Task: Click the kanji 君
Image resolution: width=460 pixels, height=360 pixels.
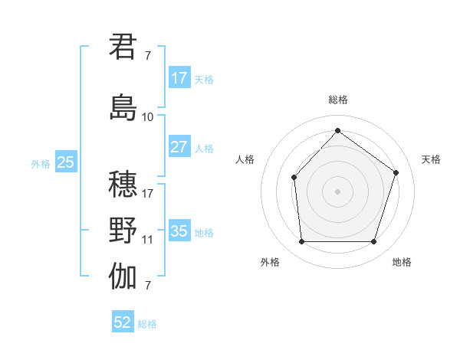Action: click(x=123, y=47)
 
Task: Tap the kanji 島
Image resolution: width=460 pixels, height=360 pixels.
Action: click(x=123, y=107)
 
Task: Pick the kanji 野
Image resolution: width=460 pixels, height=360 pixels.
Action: click(x=123, y=231)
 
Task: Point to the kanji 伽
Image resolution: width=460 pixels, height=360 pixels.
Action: click(x=123, y=277)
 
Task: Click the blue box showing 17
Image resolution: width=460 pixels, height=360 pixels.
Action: click(x=179, y=78)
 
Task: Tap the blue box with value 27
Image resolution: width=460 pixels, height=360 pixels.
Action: click(x=179, y=147)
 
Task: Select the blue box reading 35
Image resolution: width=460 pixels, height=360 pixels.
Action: click(x=179, y=231)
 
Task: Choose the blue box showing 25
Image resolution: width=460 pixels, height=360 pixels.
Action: click(x=66, y=162)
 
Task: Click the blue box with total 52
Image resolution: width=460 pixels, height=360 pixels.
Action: click(x=123, y=323)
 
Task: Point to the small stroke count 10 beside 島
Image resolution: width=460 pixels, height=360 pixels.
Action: click(x=148, y=117)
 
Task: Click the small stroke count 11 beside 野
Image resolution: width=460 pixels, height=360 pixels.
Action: click(x=148, y=240)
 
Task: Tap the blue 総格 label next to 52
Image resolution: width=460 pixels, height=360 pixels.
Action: click(x=147, y=324)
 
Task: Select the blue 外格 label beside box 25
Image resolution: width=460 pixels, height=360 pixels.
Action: click(x=41, y=163)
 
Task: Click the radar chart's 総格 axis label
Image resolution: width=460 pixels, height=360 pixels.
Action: click(x=337, y=100)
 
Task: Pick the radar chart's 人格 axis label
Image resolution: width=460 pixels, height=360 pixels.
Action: click(x=245, y=159)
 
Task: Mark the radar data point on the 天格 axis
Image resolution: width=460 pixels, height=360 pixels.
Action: click(x=396, y=172)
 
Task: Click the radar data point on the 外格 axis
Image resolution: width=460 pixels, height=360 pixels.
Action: click(x=301, y=242)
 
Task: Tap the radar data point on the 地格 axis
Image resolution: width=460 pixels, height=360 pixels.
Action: click(x=373, y=242)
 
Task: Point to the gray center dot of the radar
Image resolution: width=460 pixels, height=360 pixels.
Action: click(x=337, y=191)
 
